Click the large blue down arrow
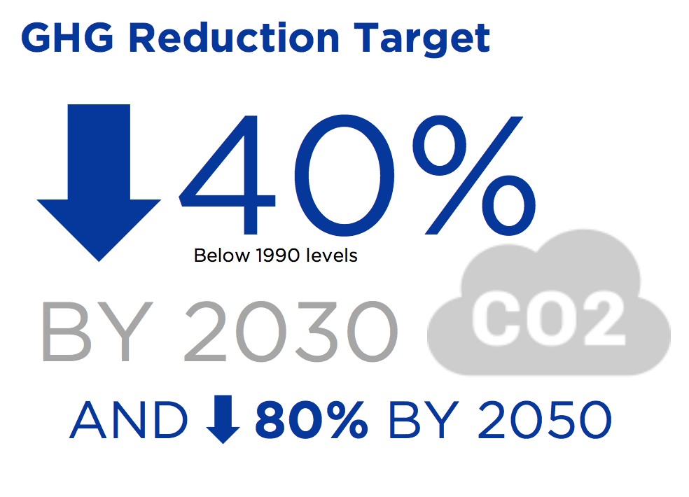[x=99, y=183]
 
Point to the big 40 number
[x=286, y=175]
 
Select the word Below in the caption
[x=222, y=255]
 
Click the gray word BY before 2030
[x=97, y=332]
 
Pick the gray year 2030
[x=291, y=332]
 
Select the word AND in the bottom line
[x=129, y=420]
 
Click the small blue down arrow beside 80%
[x=223, y=419]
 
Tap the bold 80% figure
[x=312, y=420]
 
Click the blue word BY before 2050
[x=424, y=420]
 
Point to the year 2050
[x=545, y=420]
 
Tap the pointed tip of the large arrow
[x=99, y=262]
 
